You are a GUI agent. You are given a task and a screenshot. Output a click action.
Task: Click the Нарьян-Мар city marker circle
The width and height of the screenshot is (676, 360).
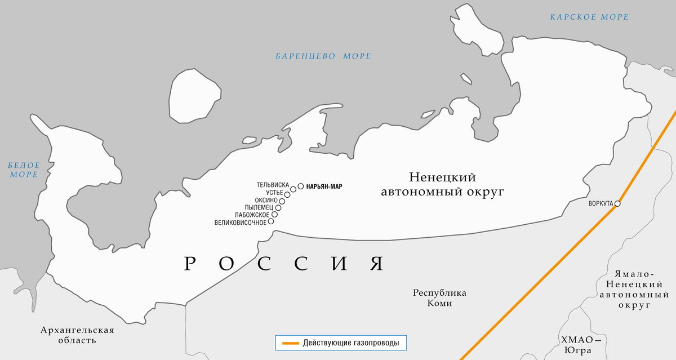(x=301, y=185)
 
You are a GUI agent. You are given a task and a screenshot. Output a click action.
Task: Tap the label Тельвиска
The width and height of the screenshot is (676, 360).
(x=273, y=185)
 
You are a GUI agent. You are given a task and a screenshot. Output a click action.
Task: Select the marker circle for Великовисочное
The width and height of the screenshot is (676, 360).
(x=271, y=221)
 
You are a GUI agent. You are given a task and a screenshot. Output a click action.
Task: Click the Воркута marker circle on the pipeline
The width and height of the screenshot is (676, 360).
(x=617, y=203)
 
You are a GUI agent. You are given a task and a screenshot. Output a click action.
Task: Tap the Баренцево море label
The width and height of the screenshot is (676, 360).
(x=323, y=56)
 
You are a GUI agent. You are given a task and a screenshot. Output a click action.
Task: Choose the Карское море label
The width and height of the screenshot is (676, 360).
(x=589, y=17)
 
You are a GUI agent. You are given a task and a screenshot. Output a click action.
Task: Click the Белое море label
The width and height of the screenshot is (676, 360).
(x=24, y=170)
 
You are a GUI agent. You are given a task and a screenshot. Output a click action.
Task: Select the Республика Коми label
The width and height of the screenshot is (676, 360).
(x=439, y=298)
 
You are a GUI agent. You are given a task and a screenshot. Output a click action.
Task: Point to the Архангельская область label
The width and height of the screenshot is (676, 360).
(x=77, y=335)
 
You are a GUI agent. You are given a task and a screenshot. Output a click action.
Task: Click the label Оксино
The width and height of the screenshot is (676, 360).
(x=266, y=200)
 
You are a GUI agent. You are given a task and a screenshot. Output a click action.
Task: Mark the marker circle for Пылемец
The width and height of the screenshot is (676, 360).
(x=278, y=207)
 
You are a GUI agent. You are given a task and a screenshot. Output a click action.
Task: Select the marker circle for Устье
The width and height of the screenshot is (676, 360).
(x=287, y=194)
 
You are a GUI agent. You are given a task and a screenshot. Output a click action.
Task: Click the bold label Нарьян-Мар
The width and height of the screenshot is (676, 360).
(x=324, y=186)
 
